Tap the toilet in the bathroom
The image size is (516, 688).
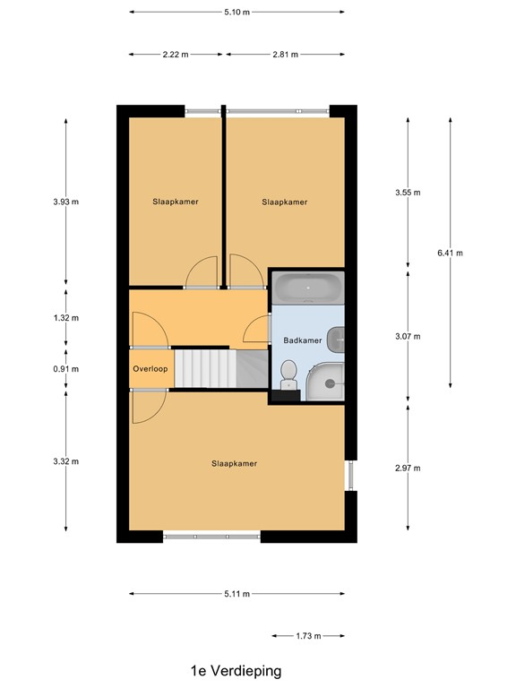[x=288, y=374]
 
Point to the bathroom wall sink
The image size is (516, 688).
[x=336, y=339]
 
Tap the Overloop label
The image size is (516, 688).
[x=150, y=368]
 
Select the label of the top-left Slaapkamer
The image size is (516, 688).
[x=175, y=202]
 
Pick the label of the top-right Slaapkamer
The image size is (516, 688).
[x=285, y=202]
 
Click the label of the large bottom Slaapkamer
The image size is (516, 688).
[x=235, y=463]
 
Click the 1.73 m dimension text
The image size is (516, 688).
[x=307, y=636]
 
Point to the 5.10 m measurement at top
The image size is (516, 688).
[x=236, y=12]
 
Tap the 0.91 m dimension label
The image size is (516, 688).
[x=66, y=368]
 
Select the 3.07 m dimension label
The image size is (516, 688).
[x=408, y=336]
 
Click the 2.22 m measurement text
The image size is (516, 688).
[x=176, y=55]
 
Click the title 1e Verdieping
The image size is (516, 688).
[x=236, y=670]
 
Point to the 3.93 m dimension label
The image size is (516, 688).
[x=66, y=202]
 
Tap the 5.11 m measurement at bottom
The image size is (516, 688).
[x=236, y=594]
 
